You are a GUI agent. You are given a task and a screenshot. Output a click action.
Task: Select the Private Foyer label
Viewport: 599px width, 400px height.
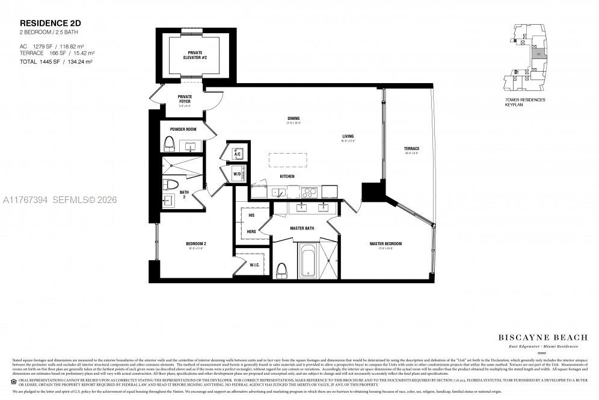point(185,99)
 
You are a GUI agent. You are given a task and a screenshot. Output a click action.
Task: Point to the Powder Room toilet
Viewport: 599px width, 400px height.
point(169,143)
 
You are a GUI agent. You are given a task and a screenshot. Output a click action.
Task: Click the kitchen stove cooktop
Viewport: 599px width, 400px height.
point(309,193)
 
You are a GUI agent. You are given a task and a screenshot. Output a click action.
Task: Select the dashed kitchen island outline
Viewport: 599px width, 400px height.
point(288,160)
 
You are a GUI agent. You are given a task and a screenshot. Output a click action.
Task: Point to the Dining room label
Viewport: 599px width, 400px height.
point(293,119)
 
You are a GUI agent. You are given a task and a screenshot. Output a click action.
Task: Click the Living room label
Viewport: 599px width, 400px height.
point(348,136)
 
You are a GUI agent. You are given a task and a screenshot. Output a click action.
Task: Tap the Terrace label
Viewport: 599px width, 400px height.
point(411,149)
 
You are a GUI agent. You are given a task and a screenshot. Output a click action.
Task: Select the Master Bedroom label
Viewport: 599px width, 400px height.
point(386,243)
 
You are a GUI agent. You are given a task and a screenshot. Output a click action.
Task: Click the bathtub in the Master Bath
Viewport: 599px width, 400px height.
point(307,260)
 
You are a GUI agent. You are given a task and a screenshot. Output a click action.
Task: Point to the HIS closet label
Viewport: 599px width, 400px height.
point(251,215)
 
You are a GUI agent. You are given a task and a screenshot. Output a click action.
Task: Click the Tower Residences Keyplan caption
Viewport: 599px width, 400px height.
point(525,102)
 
